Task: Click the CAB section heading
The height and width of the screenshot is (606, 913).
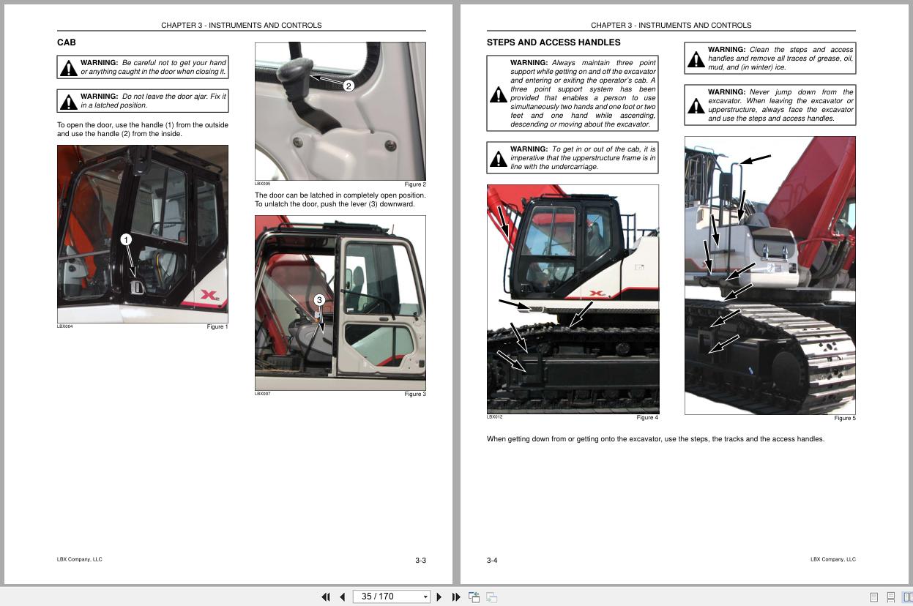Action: (x=67, y=42)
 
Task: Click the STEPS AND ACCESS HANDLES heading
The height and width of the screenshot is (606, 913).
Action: (x=553, y=42)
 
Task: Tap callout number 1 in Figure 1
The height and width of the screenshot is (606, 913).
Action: (x=125, y=240)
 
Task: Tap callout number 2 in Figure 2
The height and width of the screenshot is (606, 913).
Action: (x=349, y=86)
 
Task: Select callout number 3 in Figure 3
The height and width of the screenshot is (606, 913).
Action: (x=319, y=300)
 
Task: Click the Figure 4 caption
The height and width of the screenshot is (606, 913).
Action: (x=647, y=418)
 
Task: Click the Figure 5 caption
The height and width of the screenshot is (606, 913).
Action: (x=844, y=419)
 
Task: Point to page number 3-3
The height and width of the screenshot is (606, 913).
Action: (x=420, y=561)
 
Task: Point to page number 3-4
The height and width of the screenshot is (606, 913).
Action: (x=492, y=561)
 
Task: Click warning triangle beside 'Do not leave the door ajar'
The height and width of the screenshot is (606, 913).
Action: (x=69, y=102)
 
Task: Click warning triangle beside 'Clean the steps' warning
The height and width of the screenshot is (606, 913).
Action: (x=696, y=59)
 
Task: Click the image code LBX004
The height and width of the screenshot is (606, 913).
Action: (x=65, y=326)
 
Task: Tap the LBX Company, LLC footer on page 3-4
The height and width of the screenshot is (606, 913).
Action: (x=832, y=559)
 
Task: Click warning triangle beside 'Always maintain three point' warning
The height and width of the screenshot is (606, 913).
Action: (x=498, y=94)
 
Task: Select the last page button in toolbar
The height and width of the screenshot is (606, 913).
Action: (x=456, y=596)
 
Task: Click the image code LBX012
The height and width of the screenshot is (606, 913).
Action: (x=495, y=417)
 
